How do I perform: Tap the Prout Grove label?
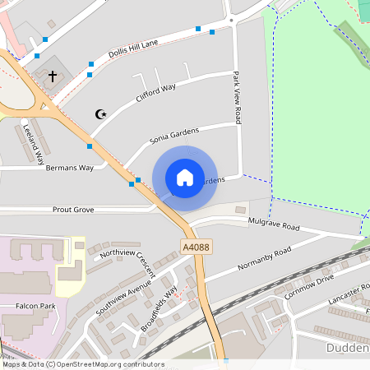[73, 210]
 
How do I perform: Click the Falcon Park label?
[34, 306]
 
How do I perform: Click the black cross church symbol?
[53, 76]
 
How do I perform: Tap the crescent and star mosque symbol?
[102, 113]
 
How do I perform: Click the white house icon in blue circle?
[185, 178]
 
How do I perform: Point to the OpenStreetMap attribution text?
[82, 364]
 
